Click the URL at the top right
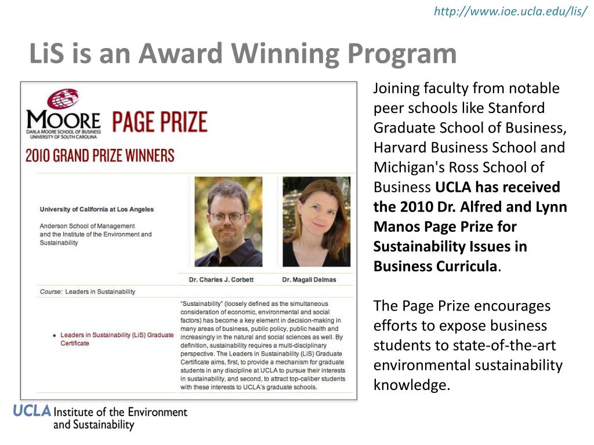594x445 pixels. (x=510, y=12)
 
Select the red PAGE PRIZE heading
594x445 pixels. (x=159, y=122)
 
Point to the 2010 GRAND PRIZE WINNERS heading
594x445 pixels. (x=99, y=156)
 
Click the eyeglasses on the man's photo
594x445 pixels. (x=227, y=216)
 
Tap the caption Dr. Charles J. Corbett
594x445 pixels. (x=221, y=280)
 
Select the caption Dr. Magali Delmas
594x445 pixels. (x=309, y=280)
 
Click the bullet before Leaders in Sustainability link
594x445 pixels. (x=54, y=335)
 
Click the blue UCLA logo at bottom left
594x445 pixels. (x=32, y=411)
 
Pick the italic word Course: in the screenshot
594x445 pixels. (x=51, y=291)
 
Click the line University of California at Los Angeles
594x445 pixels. (x=97, y=209)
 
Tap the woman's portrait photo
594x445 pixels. (x=316, y=221)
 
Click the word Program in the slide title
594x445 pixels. (x=402, y=54)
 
